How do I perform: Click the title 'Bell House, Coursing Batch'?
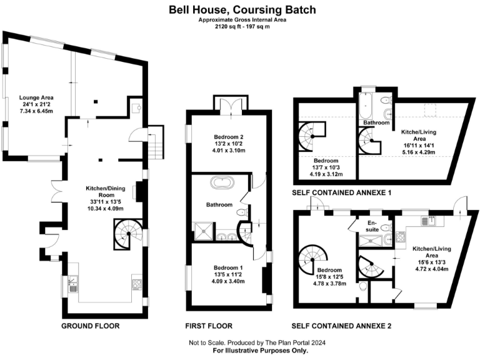pos(242,9)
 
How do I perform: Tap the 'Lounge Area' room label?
pos(36,98)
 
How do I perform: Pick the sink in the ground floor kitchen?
pos(71,286)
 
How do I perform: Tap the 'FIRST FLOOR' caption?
pos(209,326)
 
